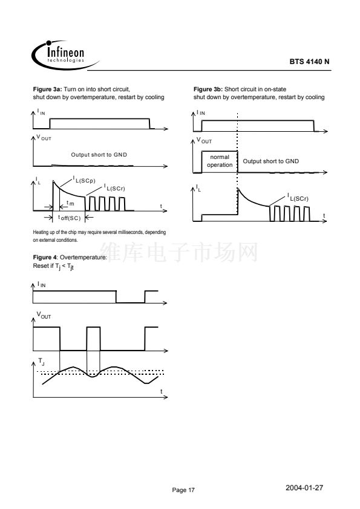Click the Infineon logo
65,55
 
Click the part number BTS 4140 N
309,61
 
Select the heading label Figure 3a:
47,89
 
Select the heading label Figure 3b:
208,89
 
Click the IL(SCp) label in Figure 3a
84,180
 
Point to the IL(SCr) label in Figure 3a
114,187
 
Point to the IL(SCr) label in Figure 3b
298,198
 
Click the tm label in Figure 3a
70,203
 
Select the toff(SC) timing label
69,218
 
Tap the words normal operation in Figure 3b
220,161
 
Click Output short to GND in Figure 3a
99,155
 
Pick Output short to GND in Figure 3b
271,161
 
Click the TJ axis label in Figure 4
41,361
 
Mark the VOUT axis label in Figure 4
44,315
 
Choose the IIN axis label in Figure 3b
201,112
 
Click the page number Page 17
183,490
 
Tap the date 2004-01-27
304,488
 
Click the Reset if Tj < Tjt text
54,267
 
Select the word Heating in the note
41,232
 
